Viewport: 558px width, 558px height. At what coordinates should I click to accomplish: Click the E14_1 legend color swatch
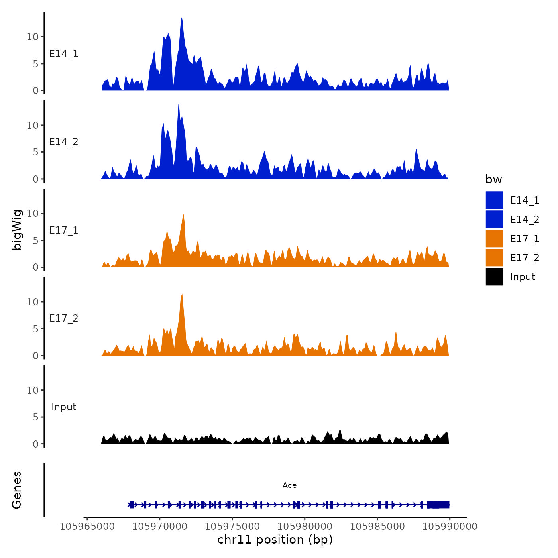pyautogui.click(x=494, y=200)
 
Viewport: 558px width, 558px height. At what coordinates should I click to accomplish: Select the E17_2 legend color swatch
pyautogui.click(x=494, y=257)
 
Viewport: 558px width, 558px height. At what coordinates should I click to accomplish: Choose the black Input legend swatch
pyautogui.click(x=494, y=277)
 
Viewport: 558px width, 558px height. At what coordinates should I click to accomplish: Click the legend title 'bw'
pyautogui.click(x=493, y=179)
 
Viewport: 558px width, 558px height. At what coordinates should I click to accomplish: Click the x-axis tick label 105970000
pyautogui.click(x=159, y=527)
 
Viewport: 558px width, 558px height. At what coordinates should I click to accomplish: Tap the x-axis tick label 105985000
pyautogui.click(x=377, y=527)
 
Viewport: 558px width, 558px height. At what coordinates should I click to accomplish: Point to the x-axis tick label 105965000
pyautogui.click(x=87, y=527)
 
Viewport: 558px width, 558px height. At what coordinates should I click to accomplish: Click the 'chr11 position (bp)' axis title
pyautogui.click(x=275, y=540)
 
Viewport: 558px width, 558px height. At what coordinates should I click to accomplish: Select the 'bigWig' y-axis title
pyautogui.click(x=17, y=230)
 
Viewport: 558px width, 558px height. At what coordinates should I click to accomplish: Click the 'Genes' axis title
pyautogui.click(x=17, y=490)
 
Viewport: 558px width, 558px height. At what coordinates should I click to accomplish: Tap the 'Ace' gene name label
pyautogui.click(x=289, y=485)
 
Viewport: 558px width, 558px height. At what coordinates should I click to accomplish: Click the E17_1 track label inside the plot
pyautogui.click(x=64, y=230)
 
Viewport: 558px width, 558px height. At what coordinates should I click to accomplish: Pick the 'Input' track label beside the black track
pyautogui.click(x=64, y=407)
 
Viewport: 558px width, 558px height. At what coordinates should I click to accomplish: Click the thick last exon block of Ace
pyautogui.click(x=438, y=505)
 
